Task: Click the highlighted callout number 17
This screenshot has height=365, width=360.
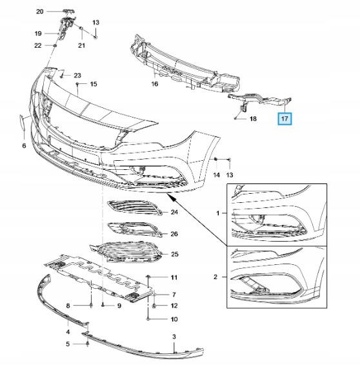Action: tap(284, 119)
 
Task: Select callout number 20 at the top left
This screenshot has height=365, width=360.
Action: tap(39, 12)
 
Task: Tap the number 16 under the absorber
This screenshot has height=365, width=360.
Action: tap(155, 84)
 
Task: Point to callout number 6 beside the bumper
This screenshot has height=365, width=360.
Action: tap(24, 146)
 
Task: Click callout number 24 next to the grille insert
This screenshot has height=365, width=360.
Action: tap(174, 213)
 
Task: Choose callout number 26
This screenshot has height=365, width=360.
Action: tap(174, 233)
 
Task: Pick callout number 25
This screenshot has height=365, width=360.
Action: tap(174, 255)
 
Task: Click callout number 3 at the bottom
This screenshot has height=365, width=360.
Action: tap(174, 337)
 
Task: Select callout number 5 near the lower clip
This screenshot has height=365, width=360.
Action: tap(68, 344)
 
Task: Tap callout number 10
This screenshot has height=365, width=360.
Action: tap(174, 319)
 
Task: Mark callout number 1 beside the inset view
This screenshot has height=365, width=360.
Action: tap(217, 213)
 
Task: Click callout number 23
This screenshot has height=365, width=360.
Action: tap(77, 76)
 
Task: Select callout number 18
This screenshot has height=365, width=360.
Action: tap(253, 120)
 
